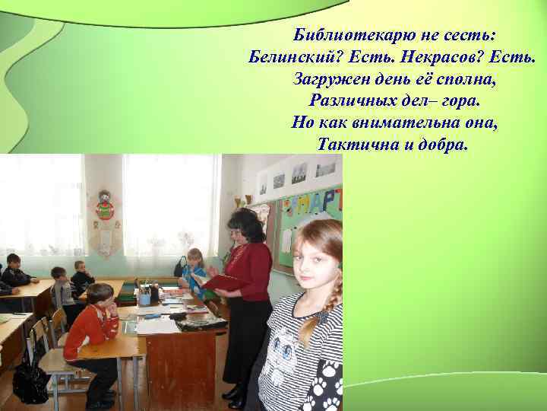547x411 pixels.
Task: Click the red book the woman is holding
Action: [x=223, y=282]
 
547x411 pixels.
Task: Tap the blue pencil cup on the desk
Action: [x=144, y=298]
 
